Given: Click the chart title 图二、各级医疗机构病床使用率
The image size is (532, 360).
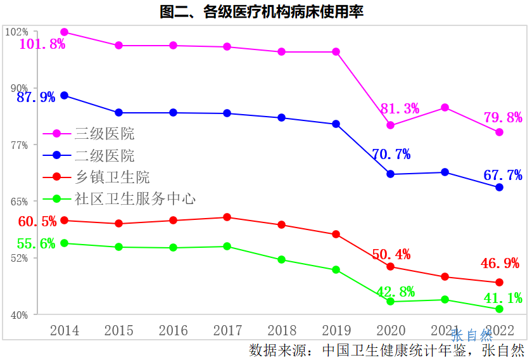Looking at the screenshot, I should click(x=262, y=11).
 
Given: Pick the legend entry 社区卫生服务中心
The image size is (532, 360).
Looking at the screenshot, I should click(x=135, y=199).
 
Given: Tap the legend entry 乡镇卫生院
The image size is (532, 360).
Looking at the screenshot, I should click(x=112, y=177).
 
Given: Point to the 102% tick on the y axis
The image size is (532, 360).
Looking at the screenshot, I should click(x=16, y=32).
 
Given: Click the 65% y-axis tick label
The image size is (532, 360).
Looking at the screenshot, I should click(x=18, y=202).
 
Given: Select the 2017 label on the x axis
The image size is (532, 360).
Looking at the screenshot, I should click(x=228, y=330).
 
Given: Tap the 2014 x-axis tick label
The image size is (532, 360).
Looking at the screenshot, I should click(x=65, y=330).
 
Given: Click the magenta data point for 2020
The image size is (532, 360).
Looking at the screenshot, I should click(x=391, y=125).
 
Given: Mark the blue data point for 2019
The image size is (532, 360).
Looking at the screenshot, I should click(x=336, y=124).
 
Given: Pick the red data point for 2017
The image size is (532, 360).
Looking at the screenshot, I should click(x=227, y=217).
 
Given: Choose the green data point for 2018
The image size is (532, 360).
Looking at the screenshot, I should click(x=282, y=260).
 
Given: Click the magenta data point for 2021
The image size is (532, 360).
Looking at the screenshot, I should click(x=445, y=108).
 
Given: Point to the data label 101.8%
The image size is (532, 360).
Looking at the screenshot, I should click(x=42, y=44).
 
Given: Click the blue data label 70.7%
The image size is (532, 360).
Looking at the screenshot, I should click(x=391, y=154).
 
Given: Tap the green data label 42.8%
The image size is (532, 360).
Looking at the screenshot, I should click(x=395, y=292).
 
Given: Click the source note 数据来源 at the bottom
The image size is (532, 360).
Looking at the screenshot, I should click(x=387, y=350).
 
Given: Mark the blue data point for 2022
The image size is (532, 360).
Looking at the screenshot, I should click(x=499, y=188).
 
